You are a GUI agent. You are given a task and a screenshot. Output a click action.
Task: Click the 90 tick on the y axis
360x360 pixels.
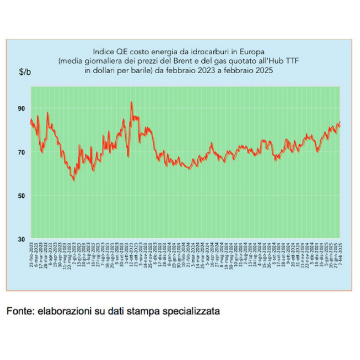tap(22, 109)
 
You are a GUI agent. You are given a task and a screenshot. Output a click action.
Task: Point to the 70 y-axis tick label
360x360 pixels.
tap(22, 152)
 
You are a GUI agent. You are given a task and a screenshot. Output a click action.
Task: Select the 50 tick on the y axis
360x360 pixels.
tap(22, 196)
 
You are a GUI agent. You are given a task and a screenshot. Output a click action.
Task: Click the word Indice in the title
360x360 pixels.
tap(105, 50)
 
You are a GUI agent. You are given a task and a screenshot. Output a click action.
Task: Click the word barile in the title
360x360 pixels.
tap(140, 71)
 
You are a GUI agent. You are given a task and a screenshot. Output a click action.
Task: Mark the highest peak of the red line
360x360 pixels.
tap(131, 102)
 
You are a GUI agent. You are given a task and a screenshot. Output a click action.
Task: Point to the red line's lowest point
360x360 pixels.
tap(74, 180)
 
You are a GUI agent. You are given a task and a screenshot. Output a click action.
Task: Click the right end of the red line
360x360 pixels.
tap(340, 122)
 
